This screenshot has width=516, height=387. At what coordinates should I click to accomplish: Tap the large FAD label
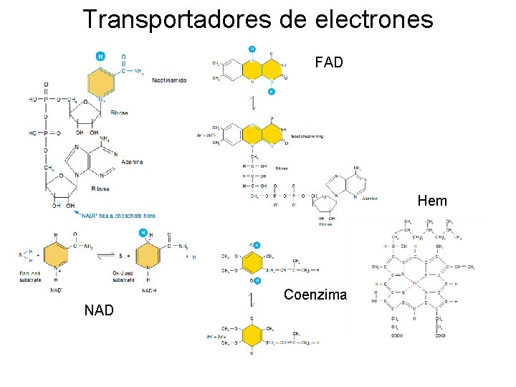[x=329, y=62]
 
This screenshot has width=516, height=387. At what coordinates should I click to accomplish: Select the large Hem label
[x=431, y=201]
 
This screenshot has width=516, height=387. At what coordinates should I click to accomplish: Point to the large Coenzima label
[x=315, y=295]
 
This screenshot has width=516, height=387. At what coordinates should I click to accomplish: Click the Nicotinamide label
[x=169, y=80]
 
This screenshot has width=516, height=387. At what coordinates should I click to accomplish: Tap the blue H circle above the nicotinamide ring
[x=100, y=56]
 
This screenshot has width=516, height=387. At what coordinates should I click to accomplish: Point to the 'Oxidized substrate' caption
[x=123, y=277]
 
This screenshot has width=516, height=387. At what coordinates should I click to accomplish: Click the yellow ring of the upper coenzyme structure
[x=252, y=262]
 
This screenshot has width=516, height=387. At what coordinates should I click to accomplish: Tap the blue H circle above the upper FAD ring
[x=252, y=49]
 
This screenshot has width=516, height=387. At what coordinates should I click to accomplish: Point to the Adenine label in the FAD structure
[x=370, y=198]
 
